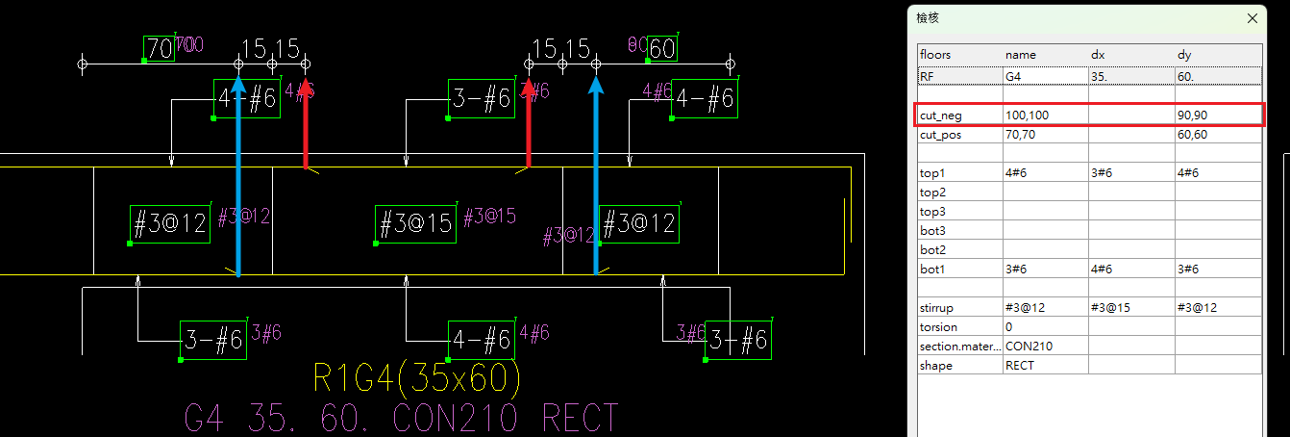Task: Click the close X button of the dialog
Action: point(1252,18)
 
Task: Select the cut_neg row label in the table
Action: point(941,116)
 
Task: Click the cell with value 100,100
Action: point(1028,116)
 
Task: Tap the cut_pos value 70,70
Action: point(1022,135)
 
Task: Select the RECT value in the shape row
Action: point(1020,366)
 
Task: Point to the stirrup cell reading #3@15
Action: point(1110,308)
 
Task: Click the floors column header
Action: point(935,55)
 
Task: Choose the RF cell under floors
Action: point(927,75)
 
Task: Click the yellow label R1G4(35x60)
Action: point(417,379)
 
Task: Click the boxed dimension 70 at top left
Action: point(160,48)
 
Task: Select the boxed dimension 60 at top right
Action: point(663,48)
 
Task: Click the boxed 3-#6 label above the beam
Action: point(482,99)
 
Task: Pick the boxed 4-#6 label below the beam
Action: point(482,340)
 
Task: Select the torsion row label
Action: point(938,327)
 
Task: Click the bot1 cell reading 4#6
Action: point(1105,270)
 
